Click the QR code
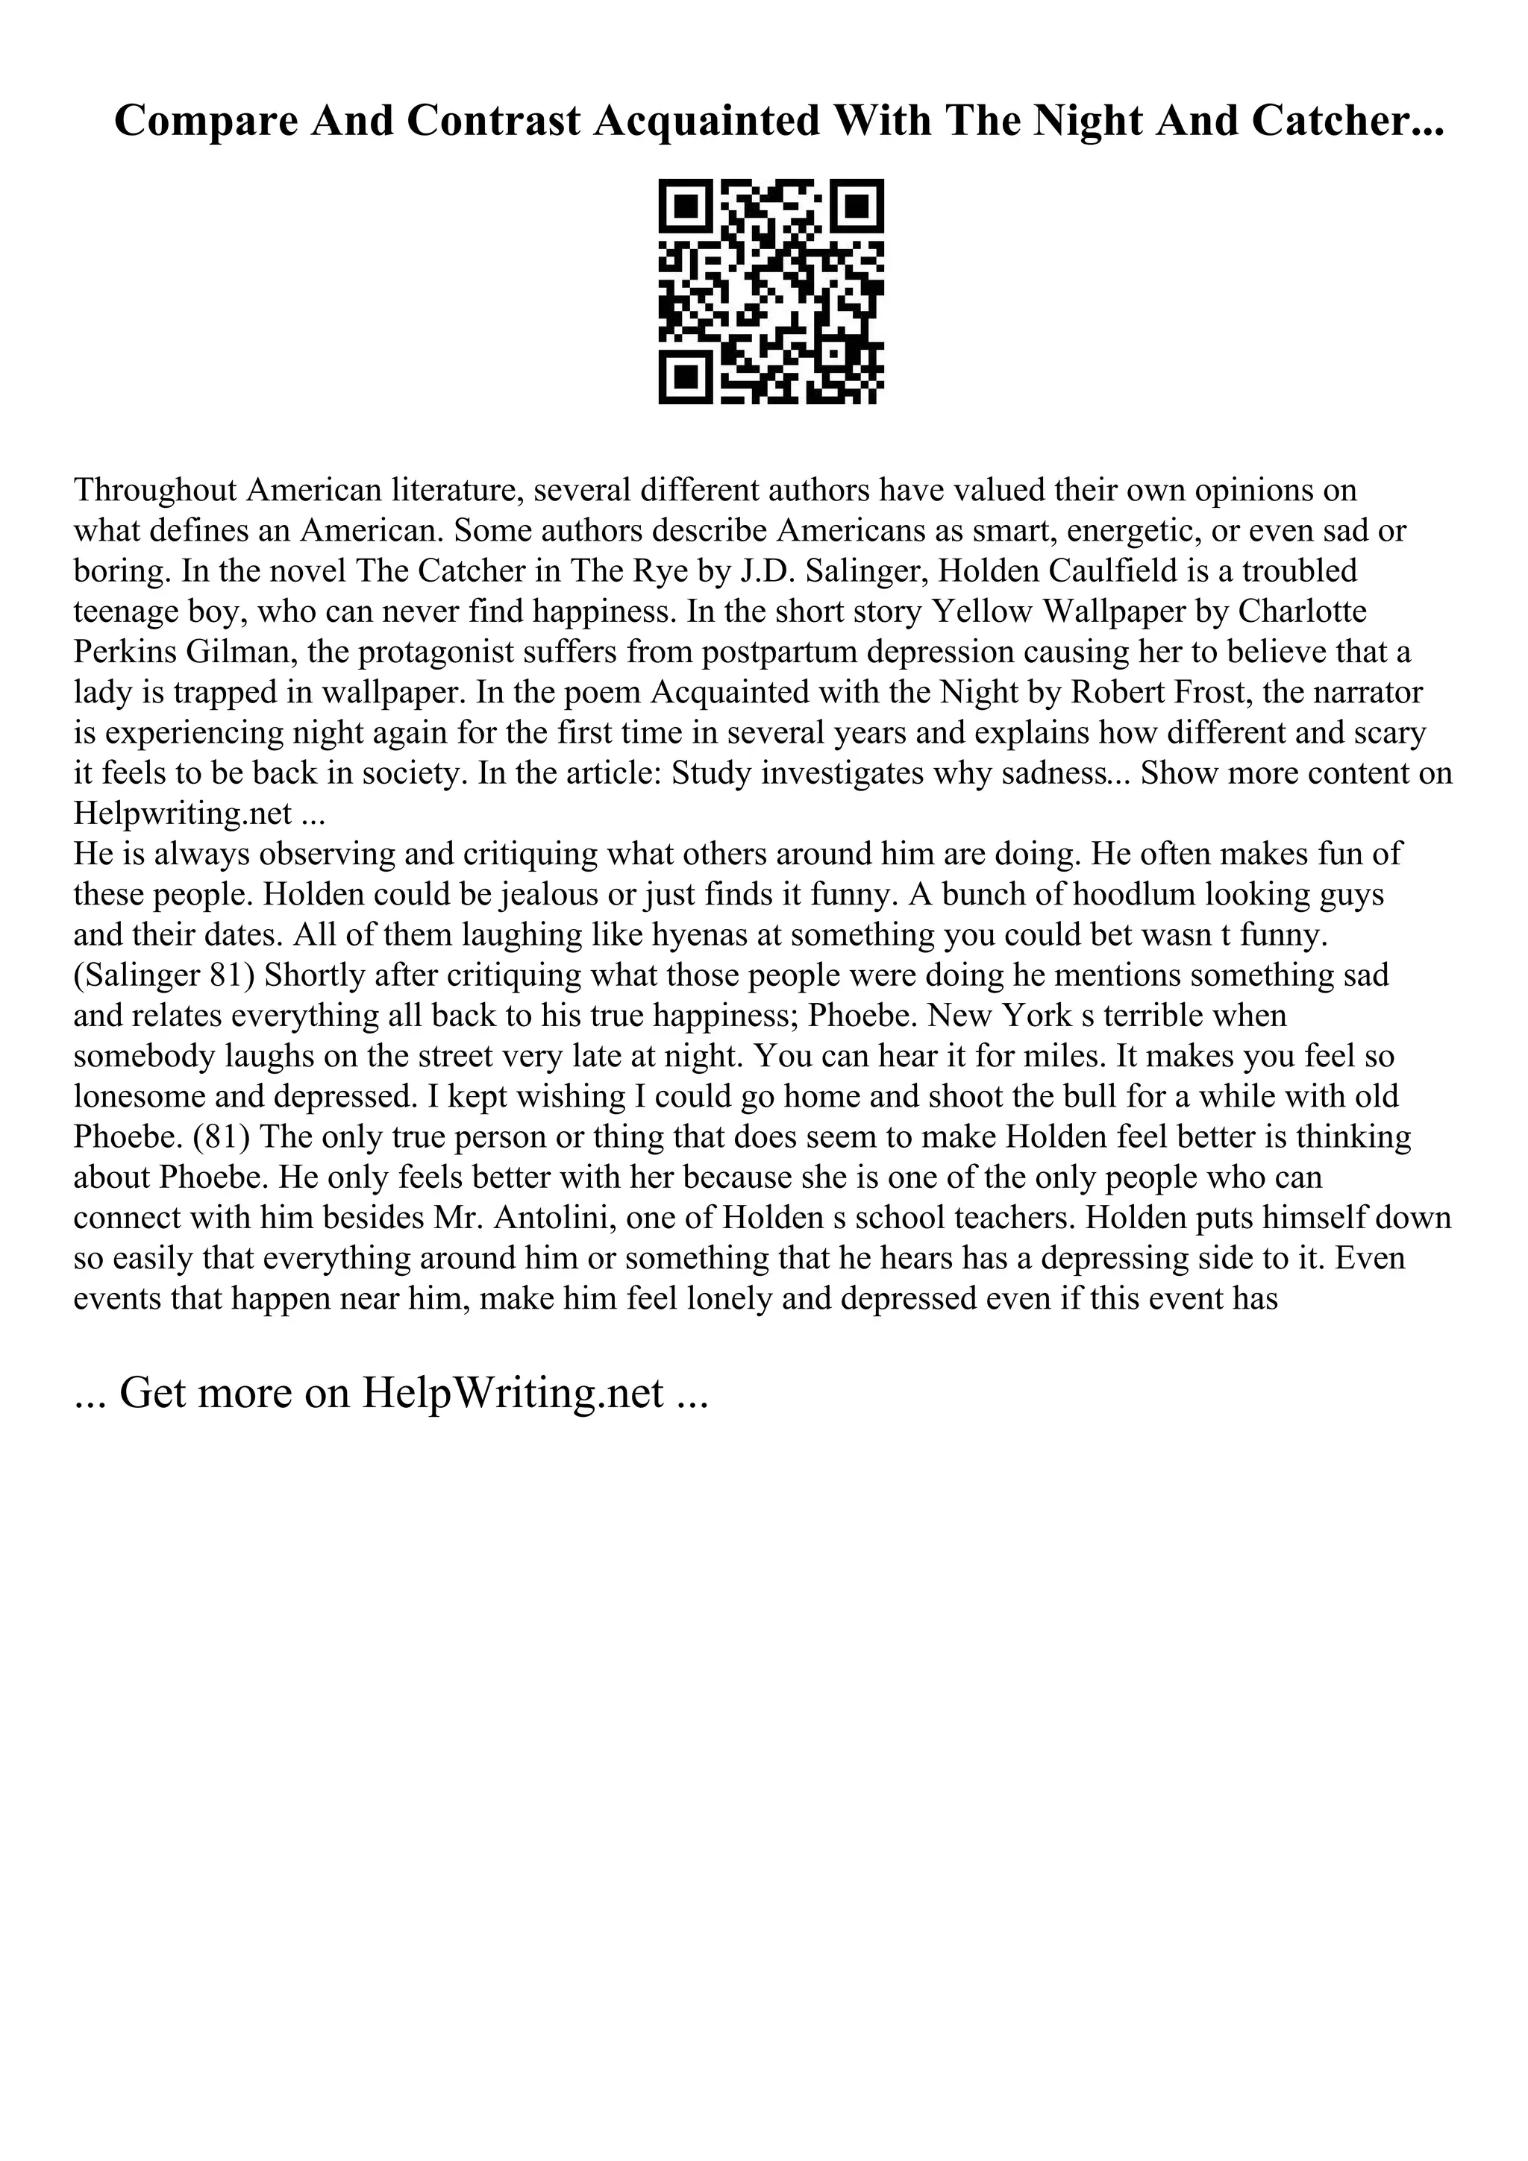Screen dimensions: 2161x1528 click(770, 292)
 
